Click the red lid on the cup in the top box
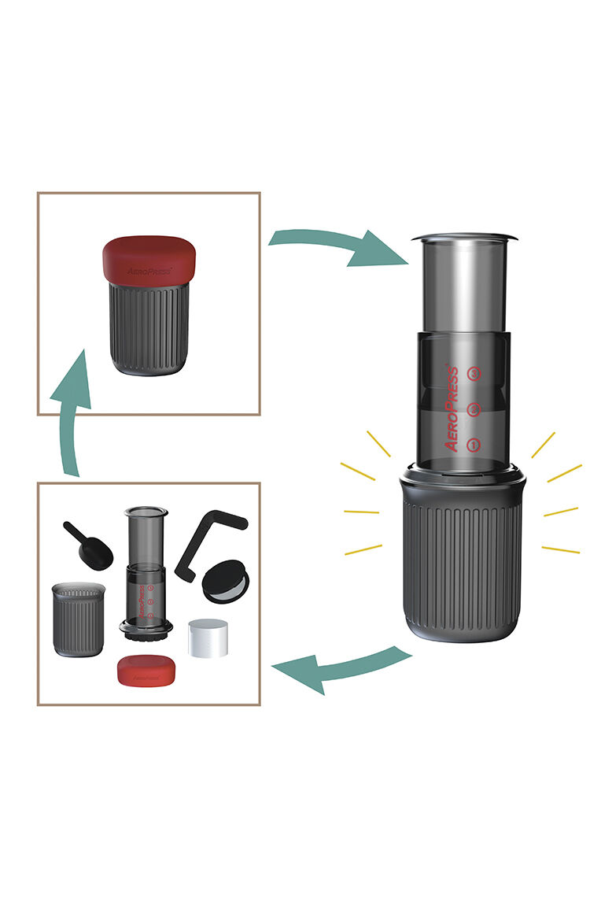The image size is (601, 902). click(149, 258)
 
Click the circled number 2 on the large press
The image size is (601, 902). click(473, 408)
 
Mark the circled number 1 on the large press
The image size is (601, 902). click(473, 445)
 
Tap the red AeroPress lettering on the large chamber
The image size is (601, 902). click(452, 408)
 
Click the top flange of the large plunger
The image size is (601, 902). click(464, 236)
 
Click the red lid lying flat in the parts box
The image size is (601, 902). click(146, 669)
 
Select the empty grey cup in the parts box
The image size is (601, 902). click(78, 618)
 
